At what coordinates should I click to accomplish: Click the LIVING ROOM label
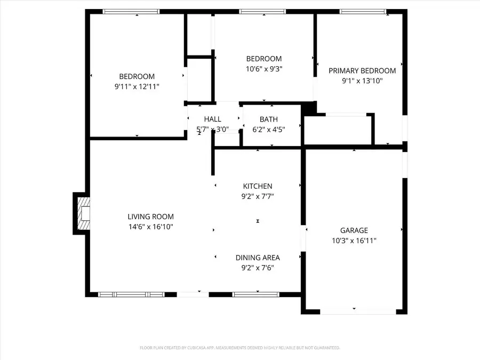click(x=150, y=217)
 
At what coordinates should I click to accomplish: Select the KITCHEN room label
click(x=258, y=186)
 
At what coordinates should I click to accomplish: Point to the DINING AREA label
click(x=258, y=258)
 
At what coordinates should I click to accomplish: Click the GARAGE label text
click(x=354, y=230)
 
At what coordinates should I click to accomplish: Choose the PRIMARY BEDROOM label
click(x=362, y=71)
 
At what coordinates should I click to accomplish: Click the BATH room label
click(x=268, y=119)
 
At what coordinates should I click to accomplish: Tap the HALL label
click(x=212, y=119)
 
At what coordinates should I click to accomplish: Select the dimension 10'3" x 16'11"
click(x=354, y=241)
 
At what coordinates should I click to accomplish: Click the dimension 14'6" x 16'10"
click(x=150, y=227)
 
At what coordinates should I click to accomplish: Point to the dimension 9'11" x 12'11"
click(x=137, y=86)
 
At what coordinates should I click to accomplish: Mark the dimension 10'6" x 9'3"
click(x=263, y=69)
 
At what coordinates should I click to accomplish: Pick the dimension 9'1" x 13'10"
click(x=362, y=81)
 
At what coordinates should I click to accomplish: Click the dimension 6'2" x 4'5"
click(x=268, y=129)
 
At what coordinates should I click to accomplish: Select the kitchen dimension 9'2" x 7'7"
click(x=258, y=196)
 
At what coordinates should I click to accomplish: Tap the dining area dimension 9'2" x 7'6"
click(x=258, y=268)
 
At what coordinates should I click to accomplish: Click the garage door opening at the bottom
click(x=354, y=312)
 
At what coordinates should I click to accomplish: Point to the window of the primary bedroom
click(x=363, y=11)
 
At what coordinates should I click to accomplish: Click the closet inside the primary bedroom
click(x=338, y=129)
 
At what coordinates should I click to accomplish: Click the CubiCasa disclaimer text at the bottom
click(x=240, y=348)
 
